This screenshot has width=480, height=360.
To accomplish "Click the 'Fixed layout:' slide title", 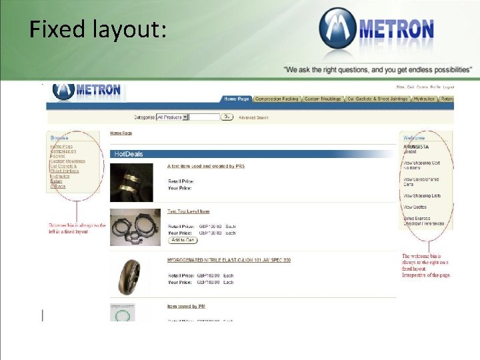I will click(x=97, y=29).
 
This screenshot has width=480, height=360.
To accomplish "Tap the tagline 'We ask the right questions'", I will click(x=377, y=69).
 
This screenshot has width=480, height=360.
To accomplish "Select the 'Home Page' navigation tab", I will click(x=236, y=99).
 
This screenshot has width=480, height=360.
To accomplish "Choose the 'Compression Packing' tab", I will click(x=277, y=99).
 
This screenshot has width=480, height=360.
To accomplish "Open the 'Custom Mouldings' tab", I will click(x=323, y=99).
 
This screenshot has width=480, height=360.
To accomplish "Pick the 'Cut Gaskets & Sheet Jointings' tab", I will click(x=377, y=99).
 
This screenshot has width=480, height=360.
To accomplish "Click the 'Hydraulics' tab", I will click(x=424, y=99).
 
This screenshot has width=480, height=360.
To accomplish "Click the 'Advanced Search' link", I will click(x=254, y=117).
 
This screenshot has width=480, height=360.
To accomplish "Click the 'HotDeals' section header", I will click(x=129, y=154).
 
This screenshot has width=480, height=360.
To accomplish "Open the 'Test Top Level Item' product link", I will click(x=188, y=211).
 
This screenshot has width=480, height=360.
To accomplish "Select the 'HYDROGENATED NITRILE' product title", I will click(x=229, y=260).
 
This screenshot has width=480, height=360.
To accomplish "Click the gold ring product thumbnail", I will click(x=131, y=181).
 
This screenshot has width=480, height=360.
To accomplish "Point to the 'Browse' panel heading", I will click(x=59, y=137).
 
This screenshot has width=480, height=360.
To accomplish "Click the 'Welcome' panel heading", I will click(x=414, y=138).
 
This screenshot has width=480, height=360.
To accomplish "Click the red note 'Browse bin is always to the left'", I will click(x=77, y=229).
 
